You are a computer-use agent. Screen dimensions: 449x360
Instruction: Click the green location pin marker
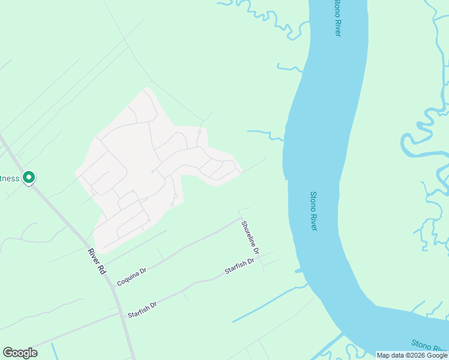(28, 178)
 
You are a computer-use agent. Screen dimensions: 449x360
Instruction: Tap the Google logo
(20, 353)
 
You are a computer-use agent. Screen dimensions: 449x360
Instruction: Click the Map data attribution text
(412, 355)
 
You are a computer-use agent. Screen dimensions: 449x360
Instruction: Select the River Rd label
(97, 262)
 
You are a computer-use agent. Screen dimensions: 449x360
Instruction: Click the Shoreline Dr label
(250, 237)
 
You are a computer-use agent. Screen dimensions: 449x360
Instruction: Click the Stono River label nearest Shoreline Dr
(313, 211)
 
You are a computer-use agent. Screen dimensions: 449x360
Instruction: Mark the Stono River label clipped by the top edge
(337, 18)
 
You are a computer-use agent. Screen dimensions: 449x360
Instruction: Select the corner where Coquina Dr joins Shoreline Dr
(240, 218)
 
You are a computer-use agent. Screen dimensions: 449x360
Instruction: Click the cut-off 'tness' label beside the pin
(10, 178)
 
